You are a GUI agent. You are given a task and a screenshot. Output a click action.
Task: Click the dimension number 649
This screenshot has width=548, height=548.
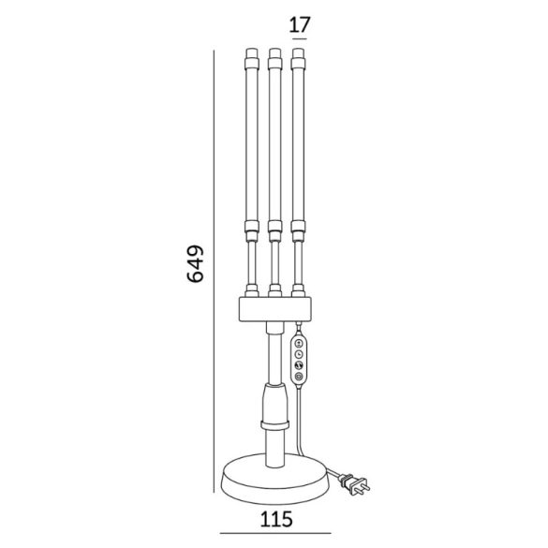195,264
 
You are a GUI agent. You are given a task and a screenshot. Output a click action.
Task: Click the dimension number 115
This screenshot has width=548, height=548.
276,519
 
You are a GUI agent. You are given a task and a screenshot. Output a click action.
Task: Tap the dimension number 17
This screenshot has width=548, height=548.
300,24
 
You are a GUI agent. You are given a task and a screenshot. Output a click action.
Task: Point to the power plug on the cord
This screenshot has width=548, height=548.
354,483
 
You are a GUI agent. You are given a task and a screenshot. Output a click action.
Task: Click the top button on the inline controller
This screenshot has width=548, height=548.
299,343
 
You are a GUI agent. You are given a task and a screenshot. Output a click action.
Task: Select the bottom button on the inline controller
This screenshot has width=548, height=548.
299,377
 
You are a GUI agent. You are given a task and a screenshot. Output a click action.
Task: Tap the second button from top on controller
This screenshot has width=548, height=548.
299,354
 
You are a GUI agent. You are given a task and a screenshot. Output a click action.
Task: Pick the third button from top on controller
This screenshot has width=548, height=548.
299,365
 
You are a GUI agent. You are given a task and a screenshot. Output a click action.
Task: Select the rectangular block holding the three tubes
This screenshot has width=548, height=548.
275,309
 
